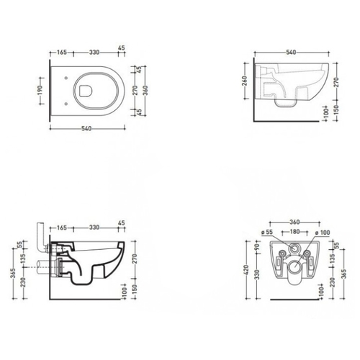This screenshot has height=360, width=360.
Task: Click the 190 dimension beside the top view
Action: (x=40, y=91)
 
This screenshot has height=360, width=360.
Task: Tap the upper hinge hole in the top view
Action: (x=66, y=78)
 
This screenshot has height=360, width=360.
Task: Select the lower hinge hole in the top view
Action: (x=66, y=104)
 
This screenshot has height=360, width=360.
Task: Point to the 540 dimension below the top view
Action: (x=86, y=129)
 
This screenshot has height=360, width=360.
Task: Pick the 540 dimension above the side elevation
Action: (x=291, y=53)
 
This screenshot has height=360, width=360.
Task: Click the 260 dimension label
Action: (x=244, y=81)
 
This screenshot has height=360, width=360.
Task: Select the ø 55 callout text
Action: (x=267, y=232)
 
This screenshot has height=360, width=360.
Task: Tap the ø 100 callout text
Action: (x=323, y=233)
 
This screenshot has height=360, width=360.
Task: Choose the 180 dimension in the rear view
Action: (x=294, y=232)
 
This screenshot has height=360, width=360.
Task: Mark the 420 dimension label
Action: (x=248, y=271)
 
